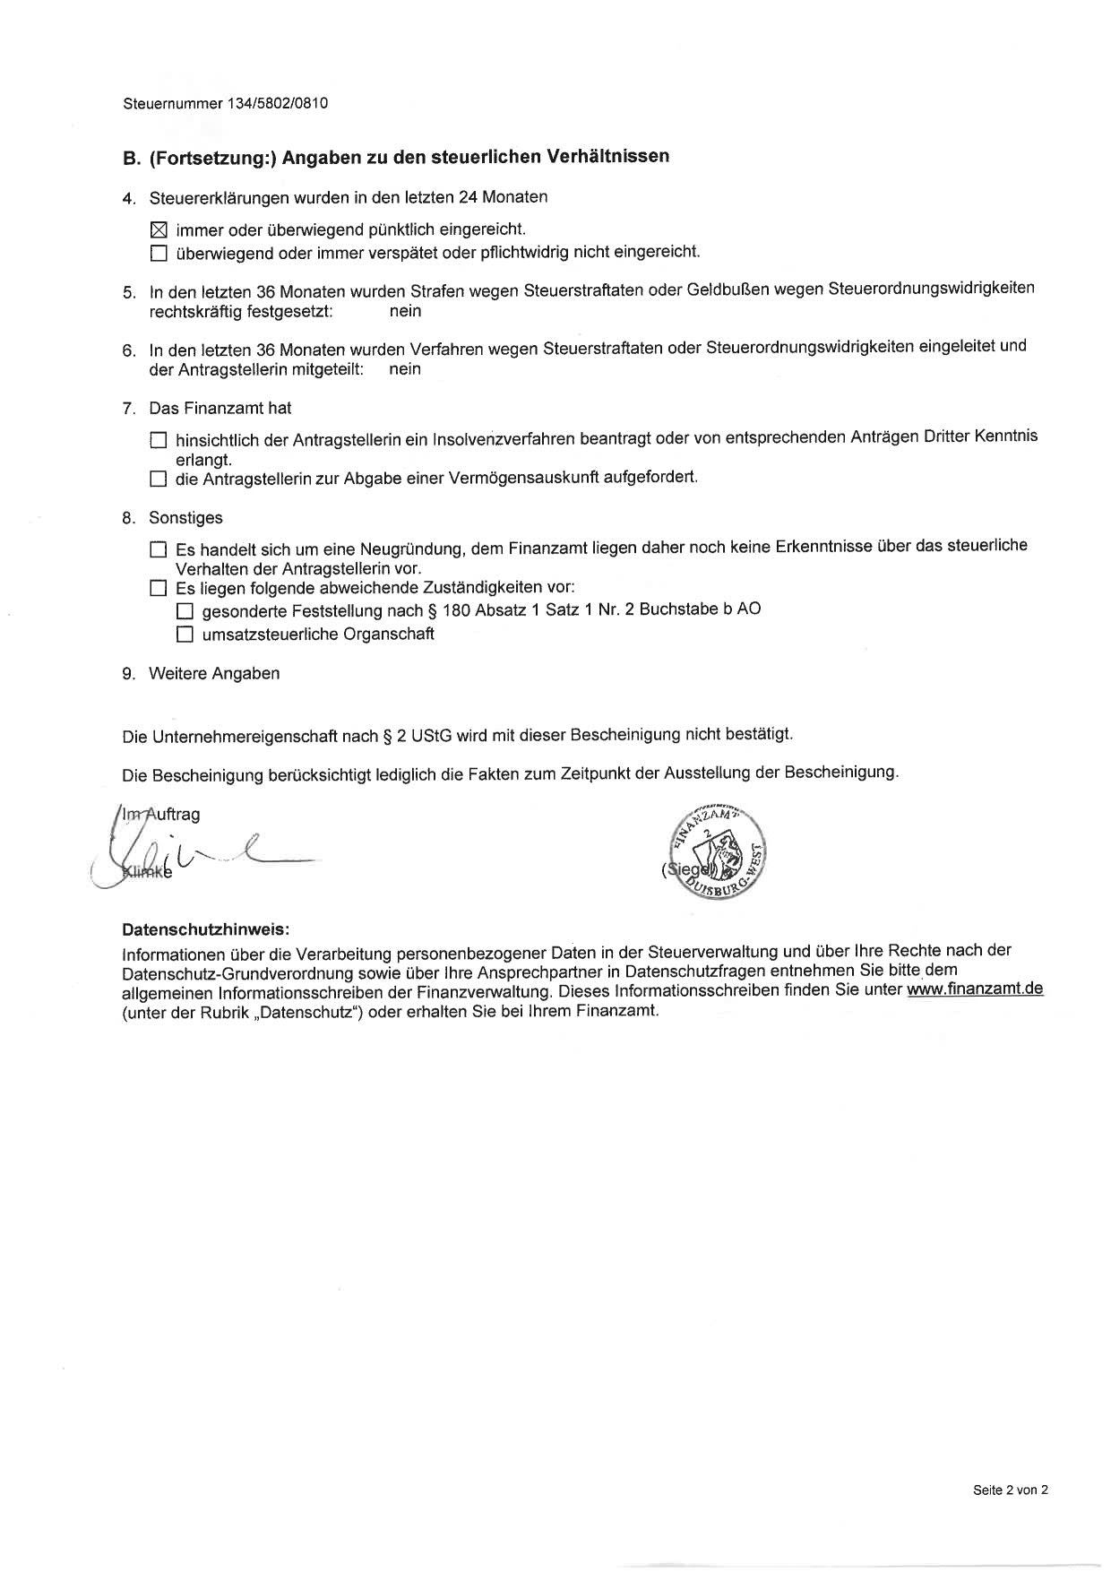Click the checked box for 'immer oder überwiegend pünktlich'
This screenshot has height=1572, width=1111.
(159, 230)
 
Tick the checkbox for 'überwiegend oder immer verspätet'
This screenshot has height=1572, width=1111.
(159, 254)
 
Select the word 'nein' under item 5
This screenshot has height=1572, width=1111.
(405, 312)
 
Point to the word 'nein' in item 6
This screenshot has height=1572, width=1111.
(405, 369)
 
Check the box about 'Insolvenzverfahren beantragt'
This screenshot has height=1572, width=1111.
(159, 440)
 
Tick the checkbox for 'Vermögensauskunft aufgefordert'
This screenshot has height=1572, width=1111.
(159, 479)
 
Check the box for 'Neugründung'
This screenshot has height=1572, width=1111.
(159, 549)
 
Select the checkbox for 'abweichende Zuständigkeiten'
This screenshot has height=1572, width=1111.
(159, 589)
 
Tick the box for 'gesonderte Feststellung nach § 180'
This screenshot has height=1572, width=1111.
(185, 612)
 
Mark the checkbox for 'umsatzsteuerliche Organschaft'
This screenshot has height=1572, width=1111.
(185, 635)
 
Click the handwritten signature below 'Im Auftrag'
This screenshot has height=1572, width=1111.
(206, 856)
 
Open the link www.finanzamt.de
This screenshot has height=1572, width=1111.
(975, 989)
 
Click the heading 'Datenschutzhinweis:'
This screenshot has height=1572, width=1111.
(206, 929)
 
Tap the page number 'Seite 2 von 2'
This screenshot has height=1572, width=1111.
(1010, 1490)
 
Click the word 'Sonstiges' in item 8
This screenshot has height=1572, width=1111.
(185, 518)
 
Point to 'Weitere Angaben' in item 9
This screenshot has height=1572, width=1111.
(214, 674)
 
